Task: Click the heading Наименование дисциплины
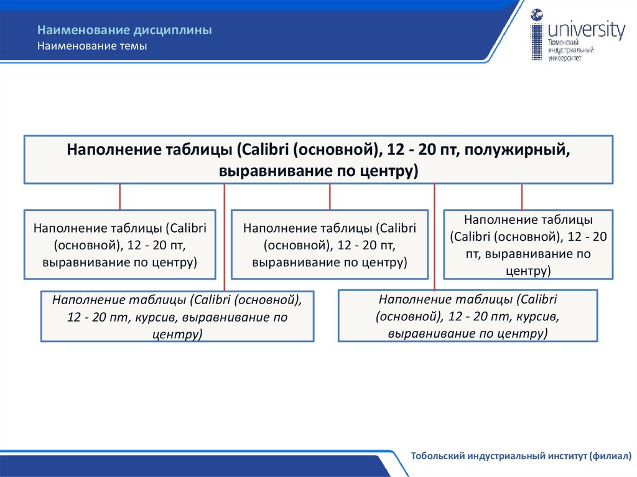point(124,30)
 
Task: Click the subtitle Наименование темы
point(92,46)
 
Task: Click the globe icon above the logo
point(537,15)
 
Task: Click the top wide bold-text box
point(318,160)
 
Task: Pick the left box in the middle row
point(120,244)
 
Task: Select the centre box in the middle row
point(330,244)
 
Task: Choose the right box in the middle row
point(529,244)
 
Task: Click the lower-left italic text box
point(177,317)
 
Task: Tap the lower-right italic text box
point(468,316)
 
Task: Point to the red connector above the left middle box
point(119,197)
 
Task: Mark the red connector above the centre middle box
point(330,197)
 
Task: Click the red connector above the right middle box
point(521,197)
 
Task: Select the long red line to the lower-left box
point(224,249)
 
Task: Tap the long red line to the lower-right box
point(434,249)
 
